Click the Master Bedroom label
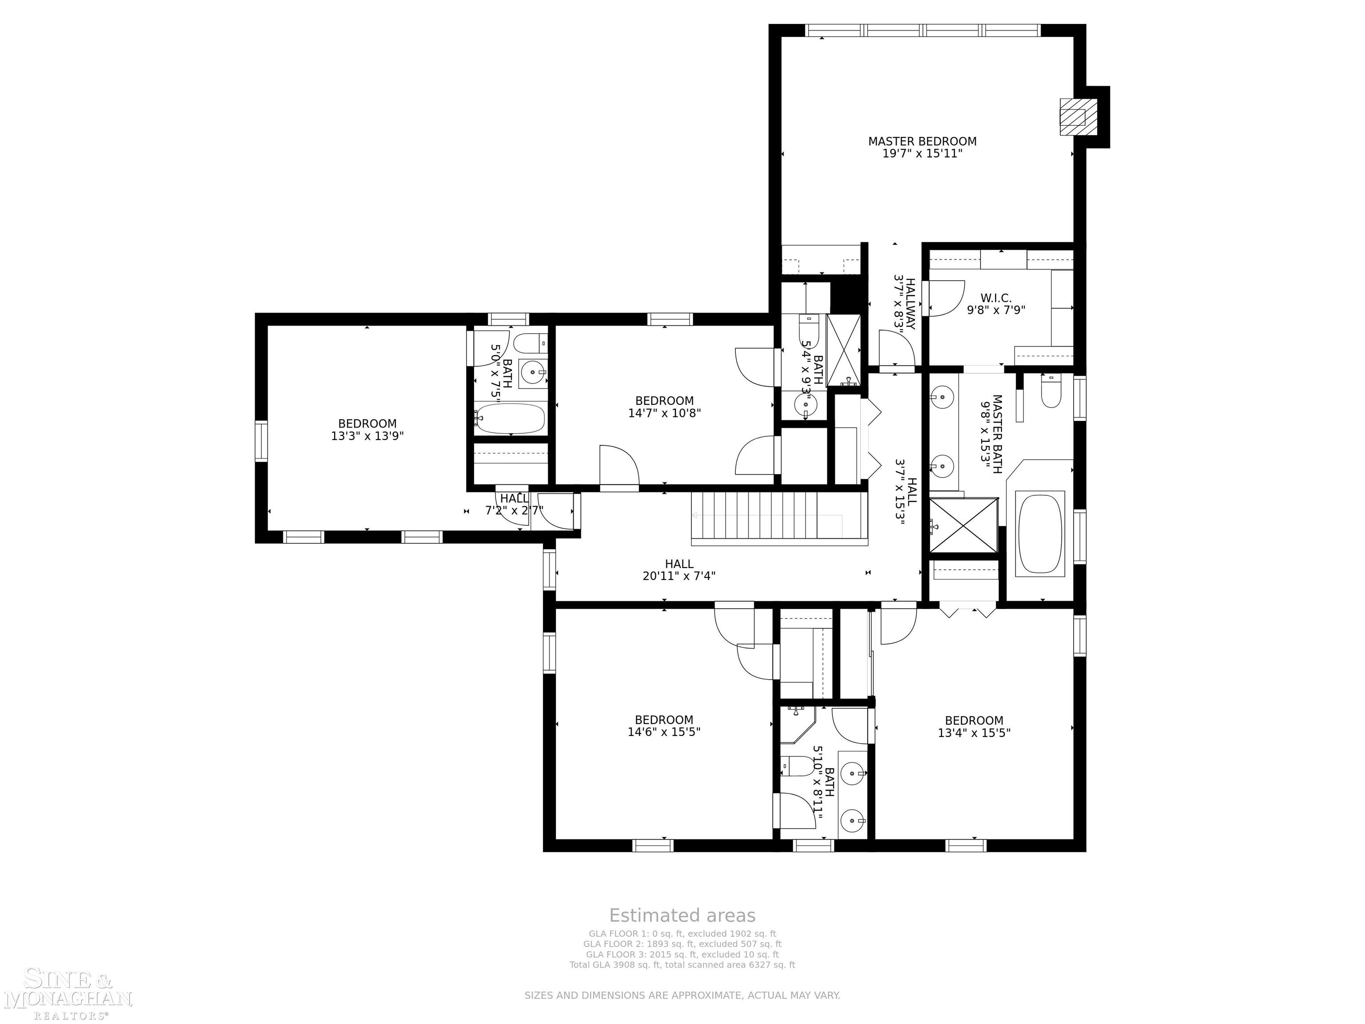(x=922, y=141)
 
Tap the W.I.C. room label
(x=996, y=298)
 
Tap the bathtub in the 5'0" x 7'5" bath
(x=511, y=419)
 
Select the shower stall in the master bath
(x=963, y=524)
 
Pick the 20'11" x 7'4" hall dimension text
(x=679, y=576)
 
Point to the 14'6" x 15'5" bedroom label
(x=664, y=726)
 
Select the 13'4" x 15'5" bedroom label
(x=974, y=727)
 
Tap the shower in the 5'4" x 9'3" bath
(x=843, y=349)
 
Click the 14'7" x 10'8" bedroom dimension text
(x=665, y=413)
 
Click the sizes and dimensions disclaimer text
(x=682, y=995)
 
